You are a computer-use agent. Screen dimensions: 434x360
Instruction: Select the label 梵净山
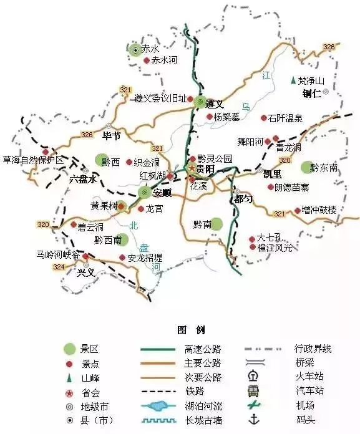[x=311, y=80]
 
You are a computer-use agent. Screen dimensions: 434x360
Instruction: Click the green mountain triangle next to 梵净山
[x=292, y=80]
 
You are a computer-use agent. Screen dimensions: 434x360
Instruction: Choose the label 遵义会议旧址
[x=160, y=98]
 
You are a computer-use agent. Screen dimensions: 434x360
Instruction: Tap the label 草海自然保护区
[x=34, y=160]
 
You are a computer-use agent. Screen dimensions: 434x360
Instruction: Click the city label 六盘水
[x=84, y=179]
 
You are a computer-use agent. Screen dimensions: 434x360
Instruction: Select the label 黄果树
[x=103, y=205]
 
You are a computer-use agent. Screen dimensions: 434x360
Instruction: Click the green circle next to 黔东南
[x=306, y=166]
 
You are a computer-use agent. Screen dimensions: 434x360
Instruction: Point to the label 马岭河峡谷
[x=58, y=254]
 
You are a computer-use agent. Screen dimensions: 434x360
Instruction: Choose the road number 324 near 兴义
[x=59, y=267]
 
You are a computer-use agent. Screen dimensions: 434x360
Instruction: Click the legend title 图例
[x=190, y=330]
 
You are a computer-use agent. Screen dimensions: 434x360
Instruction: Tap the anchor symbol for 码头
[x=254, y=420]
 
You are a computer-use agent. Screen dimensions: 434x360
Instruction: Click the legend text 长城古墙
[x=203, y=420]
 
